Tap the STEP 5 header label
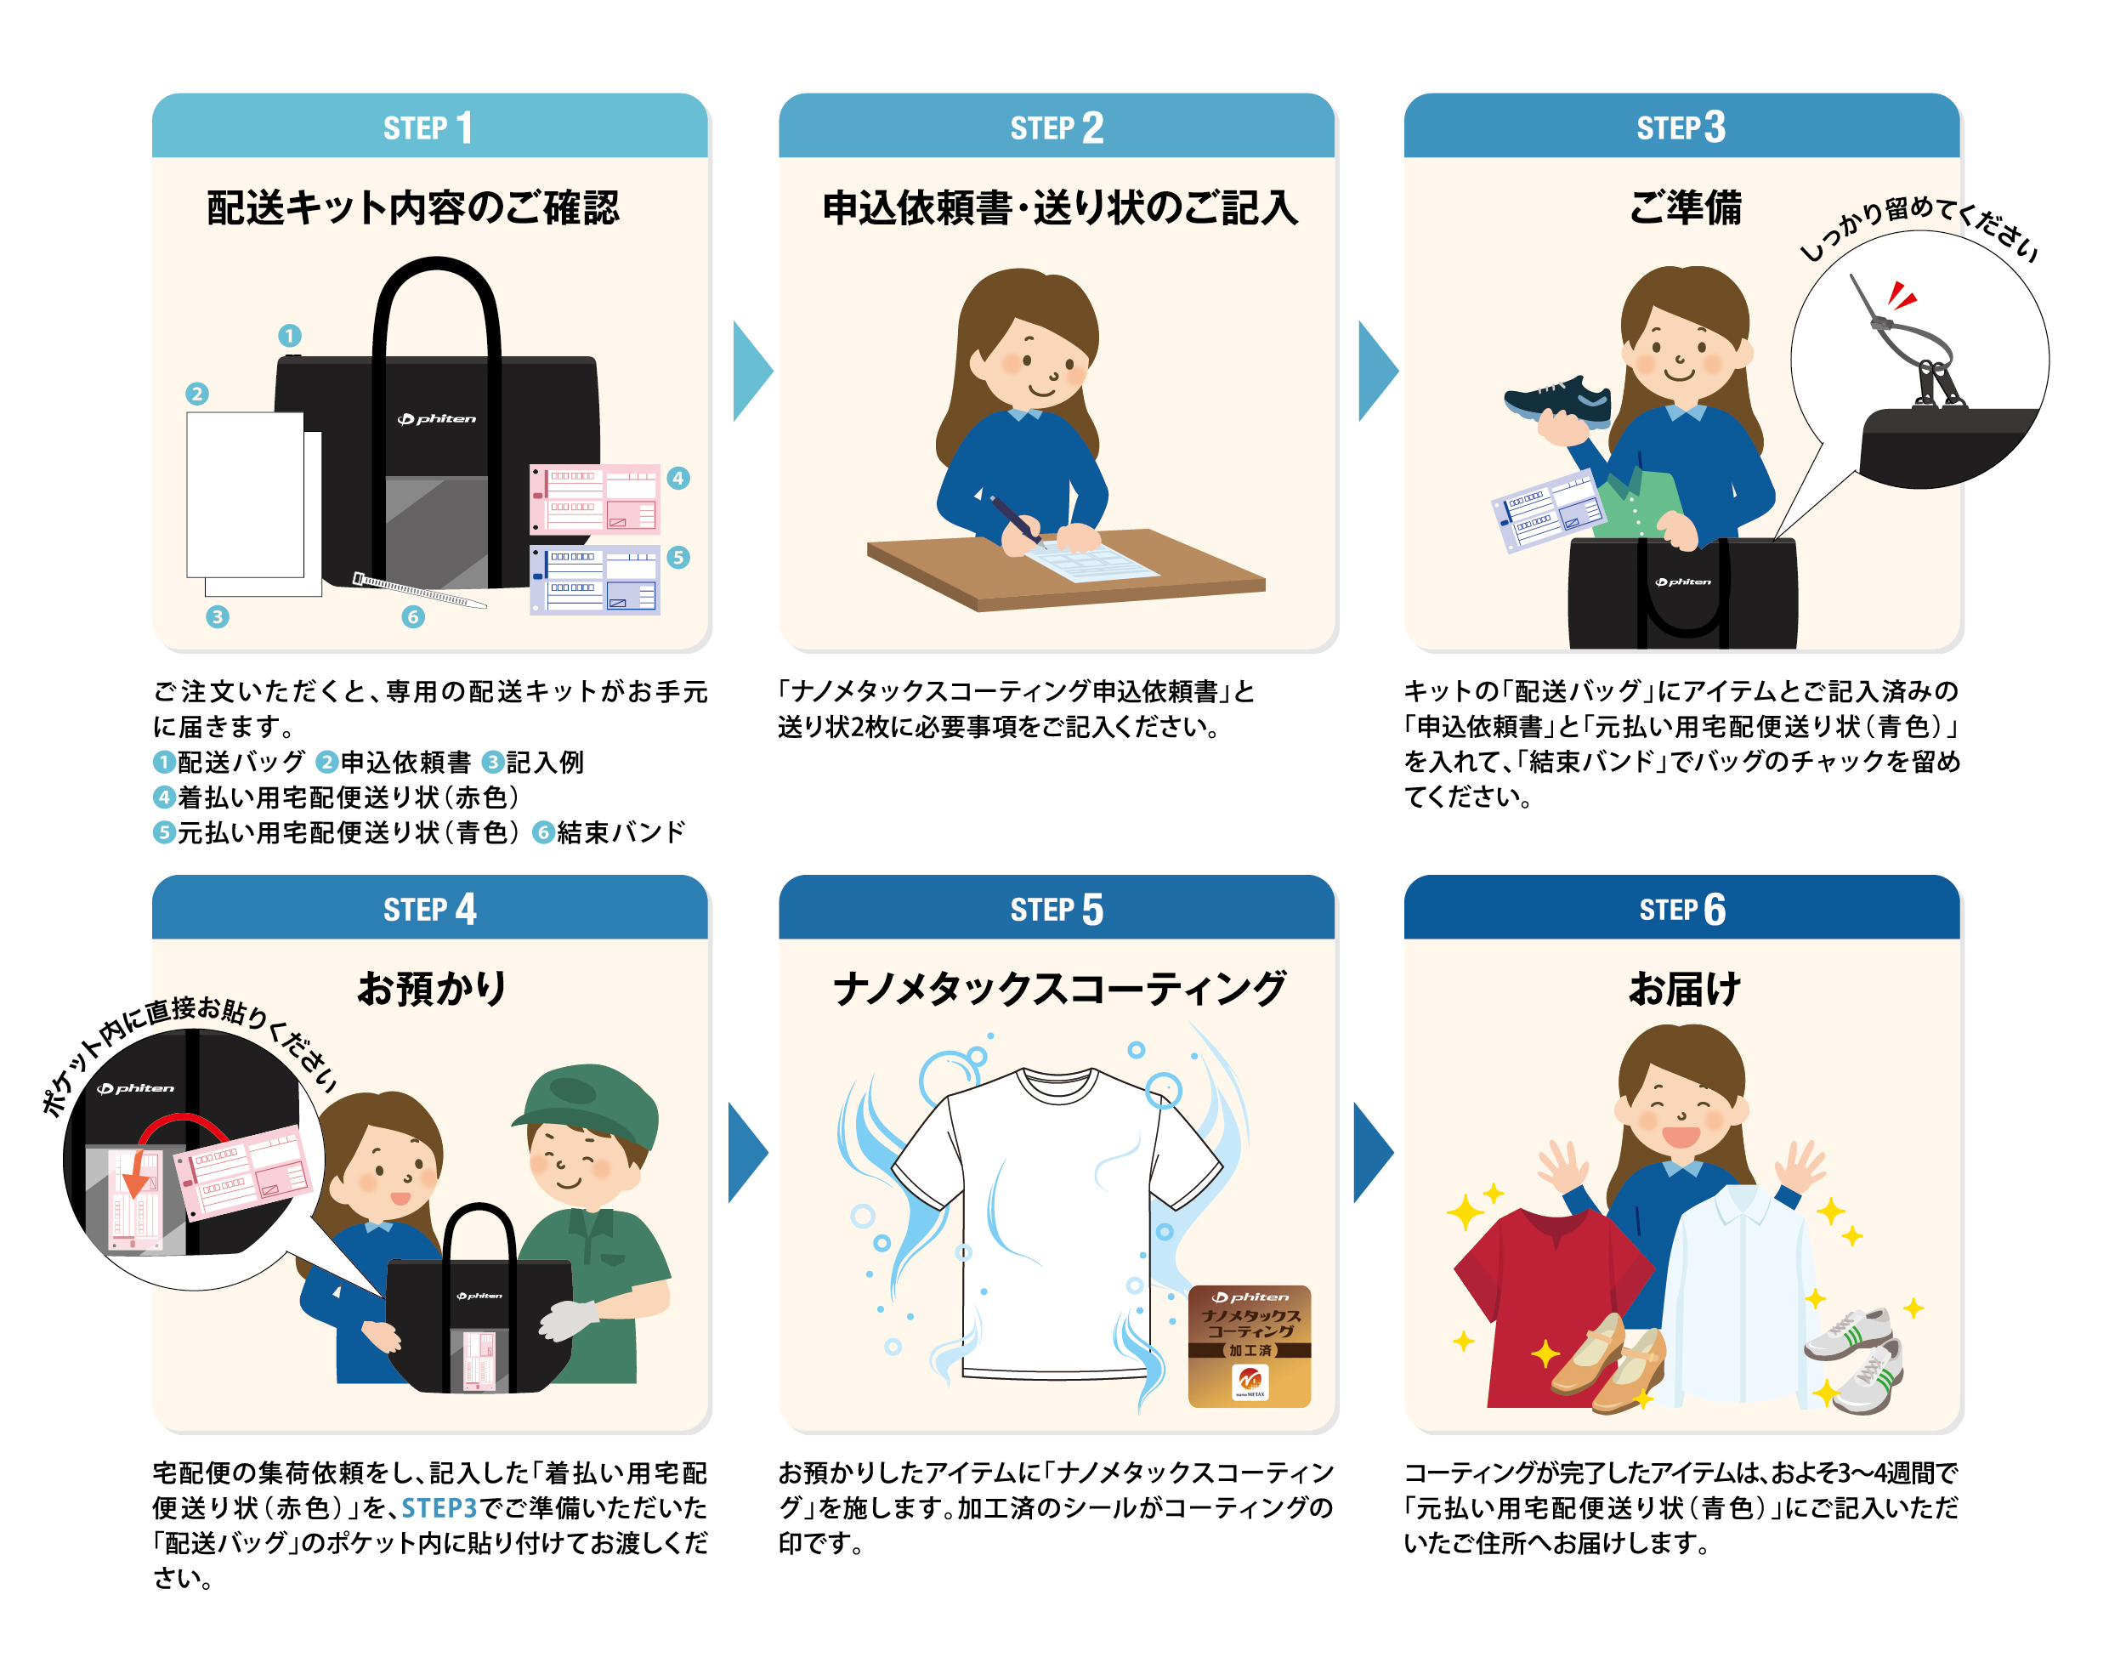pyautogui.click(x=1057, y=910)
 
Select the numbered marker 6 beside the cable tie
pyautogui.click(x=413, y=616)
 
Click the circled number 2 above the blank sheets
pyautogui.click(x=196, y=394)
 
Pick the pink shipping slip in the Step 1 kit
pyautogui.click(x=595, y=499)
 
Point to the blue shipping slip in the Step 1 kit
pyautogui.click(x=595, y=579)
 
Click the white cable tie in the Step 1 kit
pyautogui.click(x=419, y=591)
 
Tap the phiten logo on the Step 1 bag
pyautogui.click(x=436, y=419)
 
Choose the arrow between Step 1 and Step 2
pyautogui.click(x=752, y=371)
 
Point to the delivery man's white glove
pyautogui.click(x=570, y=1319)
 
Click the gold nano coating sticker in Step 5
pyautogui.click(x=1249, y=1346)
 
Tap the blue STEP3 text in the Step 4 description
pyautogui.click(x=439, y=1507)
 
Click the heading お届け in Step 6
pyautogui.click(x=1683, y=988)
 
